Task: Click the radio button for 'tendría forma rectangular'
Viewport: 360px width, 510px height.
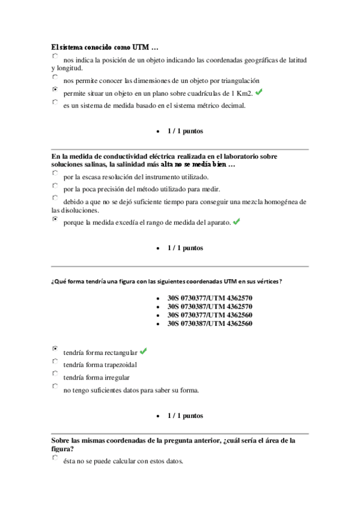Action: click(55, 348)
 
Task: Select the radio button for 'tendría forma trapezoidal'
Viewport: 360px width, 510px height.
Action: click(55, 361)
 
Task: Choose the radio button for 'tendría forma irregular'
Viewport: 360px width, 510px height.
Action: click(55, 374)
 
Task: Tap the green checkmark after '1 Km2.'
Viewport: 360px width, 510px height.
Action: click(258, 92)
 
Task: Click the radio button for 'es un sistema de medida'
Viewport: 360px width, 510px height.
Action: click(55, 102)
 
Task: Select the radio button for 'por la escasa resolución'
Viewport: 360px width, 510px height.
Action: click(55, 173)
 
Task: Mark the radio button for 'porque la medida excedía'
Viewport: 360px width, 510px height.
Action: click(55, 220)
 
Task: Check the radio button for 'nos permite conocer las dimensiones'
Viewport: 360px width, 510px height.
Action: click(55, 77)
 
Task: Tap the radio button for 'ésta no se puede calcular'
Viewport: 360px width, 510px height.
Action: click(55, 458)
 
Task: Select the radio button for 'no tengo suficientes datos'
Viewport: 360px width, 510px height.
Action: click(55, 387)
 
